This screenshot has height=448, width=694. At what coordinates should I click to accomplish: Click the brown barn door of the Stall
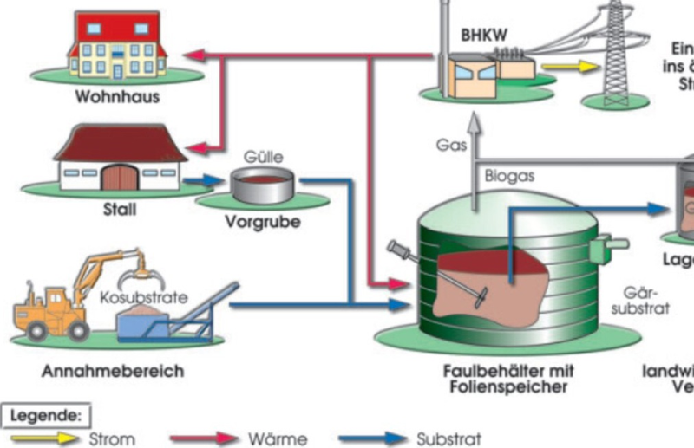tap(119, 178)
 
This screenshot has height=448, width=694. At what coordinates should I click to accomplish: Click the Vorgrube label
tap(262, 222)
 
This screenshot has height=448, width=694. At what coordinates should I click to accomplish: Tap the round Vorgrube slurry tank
tap(261, 185)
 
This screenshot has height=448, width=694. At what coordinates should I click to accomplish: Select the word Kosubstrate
tap(143, 297)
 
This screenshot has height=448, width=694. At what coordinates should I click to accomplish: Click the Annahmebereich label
tap(113, 371)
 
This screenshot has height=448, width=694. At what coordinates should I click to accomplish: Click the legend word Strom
tap(112, 439)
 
